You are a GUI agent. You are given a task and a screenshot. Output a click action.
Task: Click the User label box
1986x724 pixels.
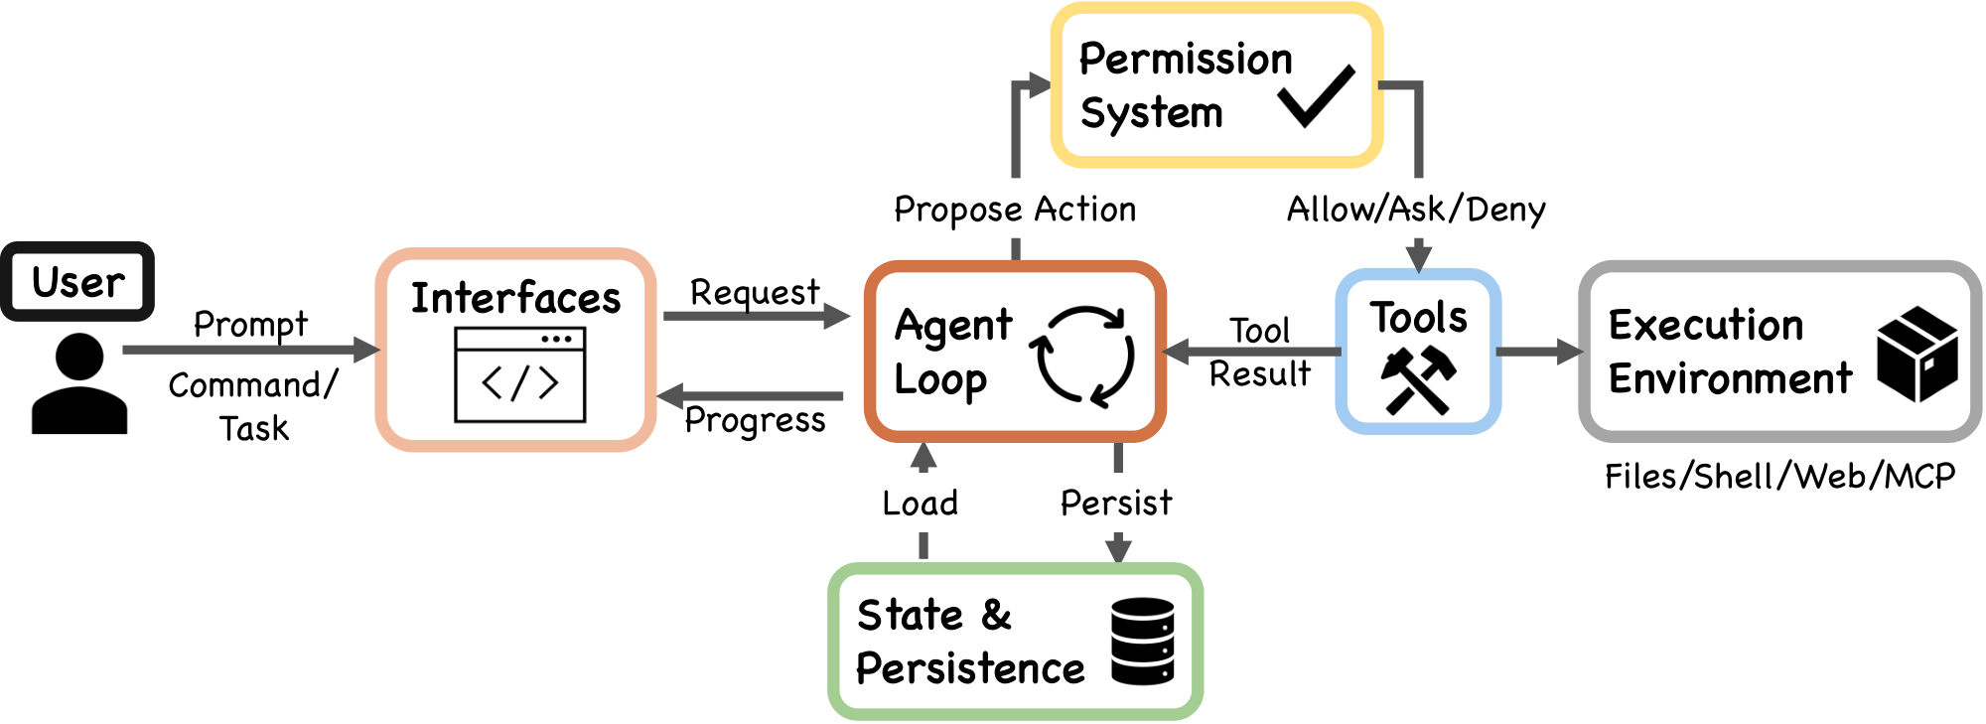pyautogui.click(x=77, y=282)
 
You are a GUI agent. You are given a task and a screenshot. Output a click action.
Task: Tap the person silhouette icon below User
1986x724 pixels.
pyautogui.click(x=79, y=384)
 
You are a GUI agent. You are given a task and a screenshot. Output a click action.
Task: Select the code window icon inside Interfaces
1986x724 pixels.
pyautogui.click(x=519, y=375)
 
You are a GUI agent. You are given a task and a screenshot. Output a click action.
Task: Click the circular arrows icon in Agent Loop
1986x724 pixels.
pyautogui.click(x=1082, y=357)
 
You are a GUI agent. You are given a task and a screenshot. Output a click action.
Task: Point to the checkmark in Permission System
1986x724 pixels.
pyautogui.click(x=1317, y=96)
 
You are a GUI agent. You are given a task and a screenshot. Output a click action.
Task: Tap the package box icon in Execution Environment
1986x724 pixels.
pyautogui.click(x=1916, y=355)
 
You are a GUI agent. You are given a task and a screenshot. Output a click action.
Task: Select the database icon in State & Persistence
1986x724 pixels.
pyautogui.click(x=1142, y=641)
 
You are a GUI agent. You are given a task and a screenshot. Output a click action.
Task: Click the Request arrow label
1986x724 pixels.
pyautogui.click(x=755, y=293)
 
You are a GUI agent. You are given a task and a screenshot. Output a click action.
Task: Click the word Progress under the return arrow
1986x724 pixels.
pyautogui.click(x=755, y=421)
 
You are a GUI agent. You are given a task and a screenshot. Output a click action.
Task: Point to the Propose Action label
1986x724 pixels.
pyautogui.click(x=1015, y=210)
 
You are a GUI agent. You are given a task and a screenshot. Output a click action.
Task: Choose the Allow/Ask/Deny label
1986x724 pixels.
pyautogui.click(x=1416, y=210)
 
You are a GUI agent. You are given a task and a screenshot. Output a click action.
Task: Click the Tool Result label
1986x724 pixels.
pyautogui.click(x=1259, y=353)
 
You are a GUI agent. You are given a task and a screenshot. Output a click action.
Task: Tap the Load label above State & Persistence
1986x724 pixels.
pyautogui.click(x=921, y=504)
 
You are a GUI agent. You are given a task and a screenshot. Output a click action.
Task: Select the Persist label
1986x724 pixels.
pyautogui.click(x=1116, y=504)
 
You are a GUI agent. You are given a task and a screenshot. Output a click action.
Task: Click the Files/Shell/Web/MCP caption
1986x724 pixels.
pyautogui.click(x=1779, y=477)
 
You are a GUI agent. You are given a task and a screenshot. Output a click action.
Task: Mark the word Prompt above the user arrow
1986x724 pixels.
pyautogui.click(x=250, y=325)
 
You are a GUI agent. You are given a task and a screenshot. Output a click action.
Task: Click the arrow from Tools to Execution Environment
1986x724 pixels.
pyautogui.click(x=1538, y=352)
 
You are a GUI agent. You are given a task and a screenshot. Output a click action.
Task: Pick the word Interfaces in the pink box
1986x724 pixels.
pyautogui.click(x=515, y=299)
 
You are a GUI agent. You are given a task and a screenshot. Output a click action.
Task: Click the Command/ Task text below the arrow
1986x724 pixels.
pyautogui.click(x=253, y=406)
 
